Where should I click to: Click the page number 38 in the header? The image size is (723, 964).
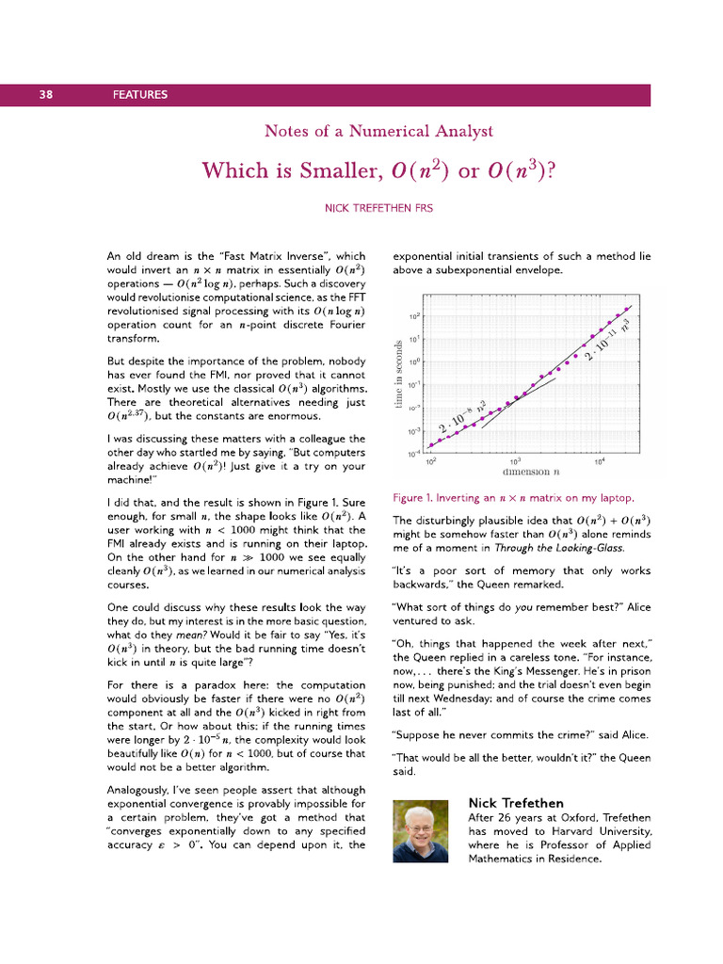pos(45,94)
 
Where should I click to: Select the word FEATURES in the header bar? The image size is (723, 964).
pos(139,94)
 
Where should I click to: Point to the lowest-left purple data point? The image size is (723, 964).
pos(431,444)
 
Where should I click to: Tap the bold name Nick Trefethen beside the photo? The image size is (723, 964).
pos(516,803)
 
